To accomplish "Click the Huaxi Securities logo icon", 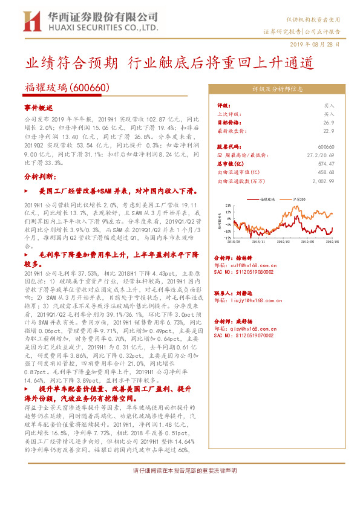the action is (31, 22).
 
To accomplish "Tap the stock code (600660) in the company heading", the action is (89, 88).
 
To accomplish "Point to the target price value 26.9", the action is (329, 122).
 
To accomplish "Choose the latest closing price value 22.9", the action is (329, 130).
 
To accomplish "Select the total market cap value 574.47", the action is (326, 163).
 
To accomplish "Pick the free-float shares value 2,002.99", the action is (323, 180).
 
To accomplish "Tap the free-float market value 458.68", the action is (326, 172).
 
